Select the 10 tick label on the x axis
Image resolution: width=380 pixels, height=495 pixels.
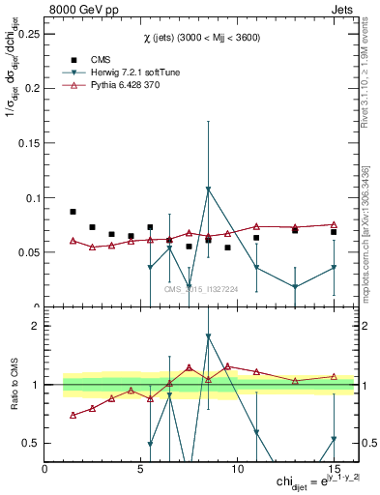pos(237,469)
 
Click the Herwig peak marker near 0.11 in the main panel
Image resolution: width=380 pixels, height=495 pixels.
pos(208,189)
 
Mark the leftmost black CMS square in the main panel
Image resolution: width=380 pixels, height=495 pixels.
pos(73,212)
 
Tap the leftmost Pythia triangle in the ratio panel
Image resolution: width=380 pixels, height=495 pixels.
pos(73,415)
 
